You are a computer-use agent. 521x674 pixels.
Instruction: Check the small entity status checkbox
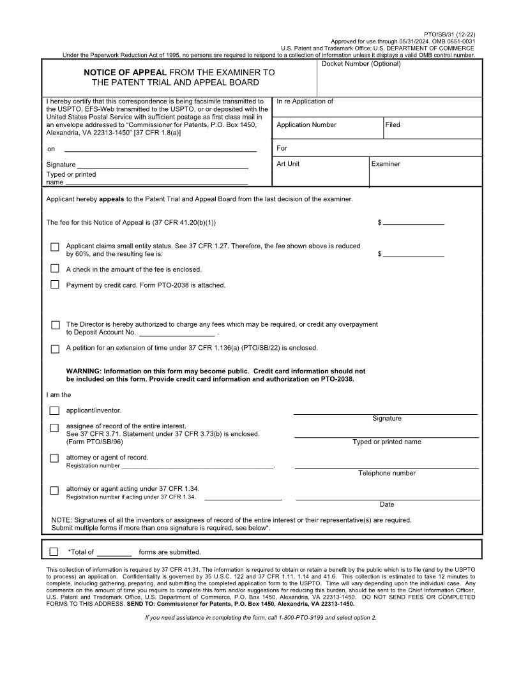point(55,247)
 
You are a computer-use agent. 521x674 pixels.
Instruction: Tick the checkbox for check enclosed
point(55,269)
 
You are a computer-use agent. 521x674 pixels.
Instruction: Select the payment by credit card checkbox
point(55,285)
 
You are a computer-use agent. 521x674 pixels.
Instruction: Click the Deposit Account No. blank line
point(177,333)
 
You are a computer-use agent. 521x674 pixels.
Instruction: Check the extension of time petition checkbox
point(55,348)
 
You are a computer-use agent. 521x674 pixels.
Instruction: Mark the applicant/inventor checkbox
point(55,410)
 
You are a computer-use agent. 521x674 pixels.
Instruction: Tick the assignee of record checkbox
point(55,428)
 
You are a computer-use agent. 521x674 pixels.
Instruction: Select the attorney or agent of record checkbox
point(55,458)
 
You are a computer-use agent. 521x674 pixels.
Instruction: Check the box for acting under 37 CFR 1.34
point(55,490)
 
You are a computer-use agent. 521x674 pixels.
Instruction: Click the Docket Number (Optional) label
point(361,64)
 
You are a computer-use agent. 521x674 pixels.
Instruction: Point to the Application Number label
point(306,125)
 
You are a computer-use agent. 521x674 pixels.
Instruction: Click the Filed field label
point(393,125)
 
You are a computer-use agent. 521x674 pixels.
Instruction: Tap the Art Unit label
point(288,164)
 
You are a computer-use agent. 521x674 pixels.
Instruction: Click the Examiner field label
point(386,164)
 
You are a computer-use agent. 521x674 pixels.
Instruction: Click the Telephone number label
point(386,473)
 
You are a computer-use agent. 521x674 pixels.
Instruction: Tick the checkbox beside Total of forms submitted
point(54,551)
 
